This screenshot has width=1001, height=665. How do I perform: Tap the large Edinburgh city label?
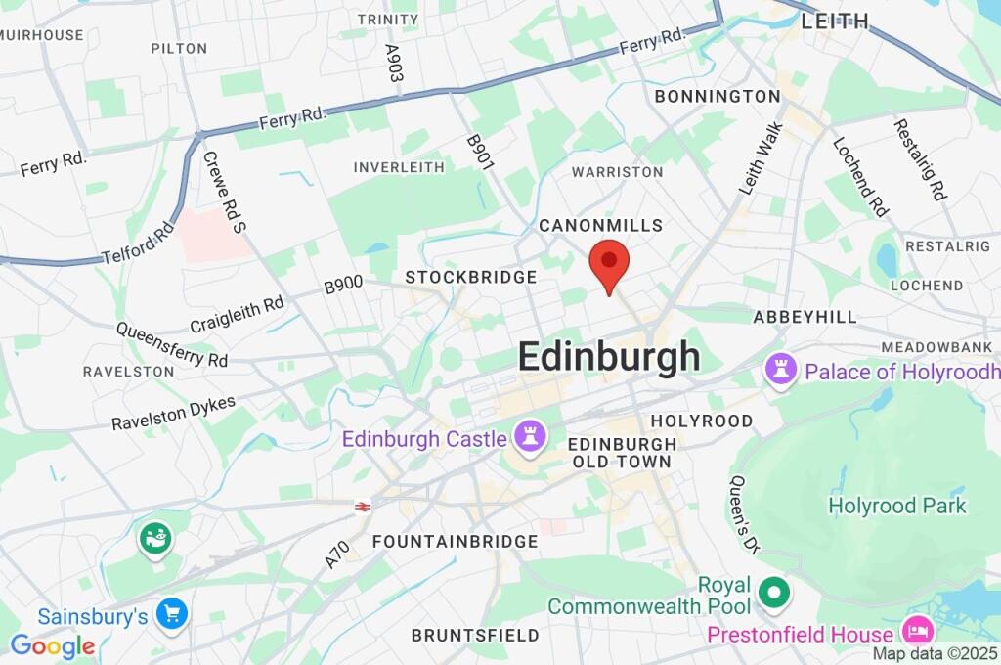click(x=608, y=357)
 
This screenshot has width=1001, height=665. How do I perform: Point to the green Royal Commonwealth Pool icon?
click(x=775, y=591)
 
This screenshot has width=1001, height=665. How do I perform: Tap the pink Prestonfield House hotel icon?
click(x=918, y=627)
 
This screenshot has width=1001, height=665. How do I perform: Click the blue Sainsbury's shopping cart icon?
click(x=173, y=614)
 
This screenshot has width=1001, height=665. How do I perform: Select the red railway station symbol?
click(x=363, y=506)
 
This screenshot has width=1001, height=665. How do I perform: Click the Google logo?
click(x=53, y=646)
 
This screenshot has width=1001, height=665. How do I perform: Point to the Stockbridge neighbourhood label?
click(x=471, y=278)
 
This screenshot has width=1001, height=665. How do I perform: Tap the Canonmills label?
click(x=601, y=226)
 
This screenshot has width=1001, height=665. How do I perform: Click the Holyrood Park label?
click(x=897, y=506)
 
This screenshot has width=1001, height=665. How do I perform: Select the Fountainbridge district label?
click(x=455, y=542)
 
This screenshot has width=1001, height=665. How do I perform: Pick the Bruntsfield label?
click(x=475, y=636)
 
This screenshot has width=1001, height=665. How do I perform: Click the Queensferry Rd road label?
click(x=172, y=345)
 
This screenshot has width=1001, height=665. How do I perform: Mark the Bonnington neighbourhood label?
click(x=718, y=97)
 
